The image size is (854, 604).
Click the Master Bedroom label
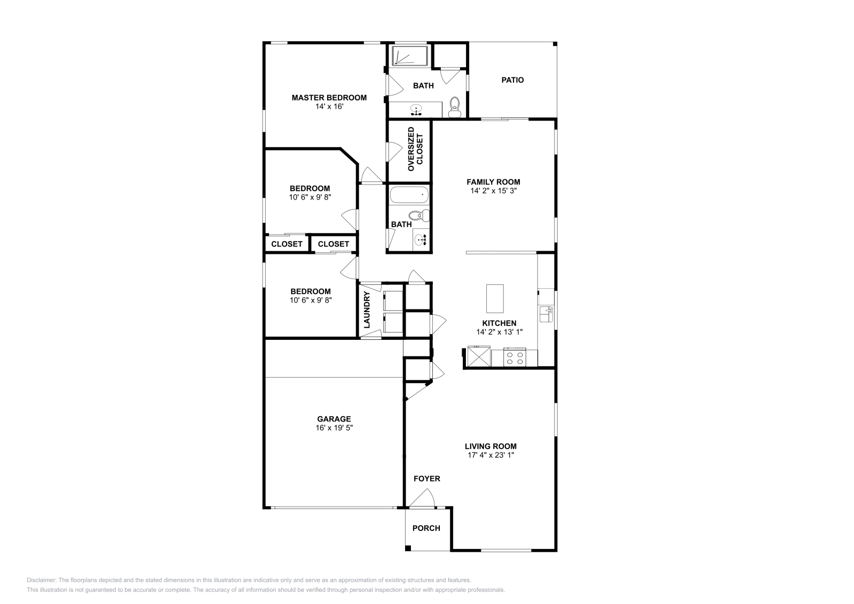point(329,98)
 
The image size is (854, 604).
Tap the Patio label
point(512,80)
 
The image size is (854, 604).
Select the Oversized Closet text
point(415,149)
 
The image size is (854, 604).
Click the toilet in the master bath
point(454,107)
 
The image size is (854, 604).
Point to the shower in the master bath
point(410,56)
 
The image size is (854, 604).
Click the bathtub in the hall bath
point(409,195)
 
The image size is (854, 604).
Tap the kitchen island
point(495,298)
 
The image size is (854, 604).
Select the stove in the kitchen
point(515,357)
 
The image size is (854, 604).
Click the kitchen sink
point(546,314)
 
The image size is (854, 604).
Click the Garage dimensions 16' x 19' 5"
point(334,427)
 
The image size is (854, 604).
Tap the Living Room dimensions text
point(491,455)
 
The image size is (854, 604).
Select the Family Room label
point(493,182)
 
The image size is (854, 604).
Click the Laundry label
point(367,310)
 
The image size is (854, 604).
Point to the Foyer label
point(427,479)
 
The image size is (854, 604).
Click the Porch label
point(426,528)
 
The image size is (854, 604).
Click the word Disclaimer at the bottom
point(42,580)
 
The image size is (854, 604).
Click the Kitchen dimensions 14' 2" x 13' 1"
point(499,332)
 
